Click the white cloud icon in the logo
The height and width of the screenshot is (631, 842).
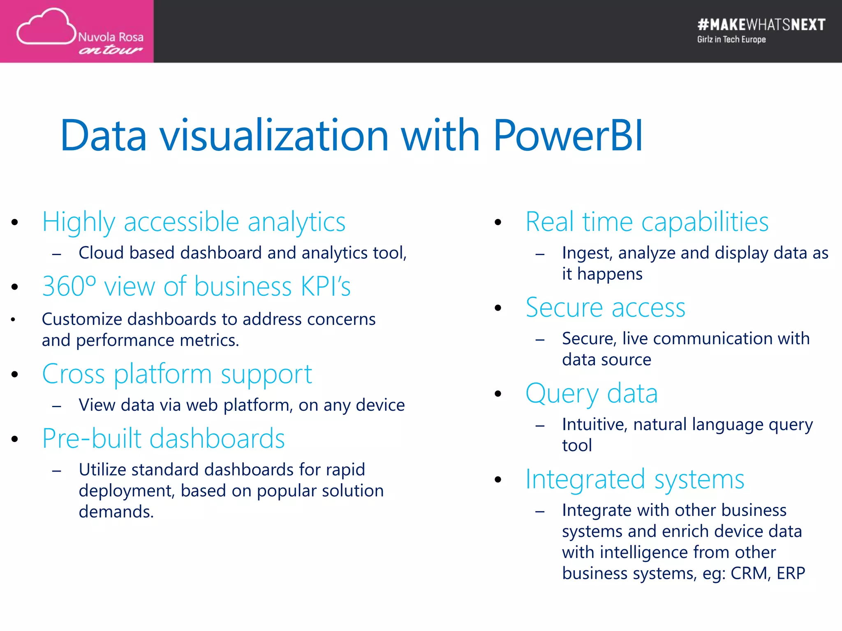tap(46, 27)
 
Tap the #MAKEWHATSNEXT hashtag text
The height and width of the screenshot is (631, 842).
tap(761, 25)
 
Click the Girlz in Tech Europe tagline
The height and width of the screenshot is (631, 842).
tap(731, 40)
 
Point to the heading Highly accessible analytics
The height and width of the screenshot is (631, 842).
tap(194, 222)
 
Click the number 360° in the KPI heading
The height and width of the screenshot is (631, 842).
tap(69, 286)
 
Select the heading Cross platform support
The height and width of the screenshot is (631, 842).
tap(177, 374)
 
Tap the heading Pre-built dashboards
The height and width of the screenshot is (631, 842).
tap(163, 438)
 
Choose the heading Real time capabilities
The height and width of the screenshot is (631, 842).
tap(647, 222)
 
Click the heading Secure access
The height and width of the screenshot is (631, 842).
tap(605, 308)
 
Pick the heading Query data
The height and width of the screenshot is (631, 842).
tap(591, 394)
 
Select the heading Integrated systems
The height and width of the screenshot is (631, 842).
tap(635, 479)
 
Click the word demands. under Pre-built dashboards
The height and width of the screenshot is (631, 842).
tap(116, 512)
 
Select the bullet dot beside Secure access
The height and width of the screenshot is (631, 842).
tap(498, 308)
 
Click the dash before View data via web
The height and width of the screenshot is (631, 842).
tap(57, 406)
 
